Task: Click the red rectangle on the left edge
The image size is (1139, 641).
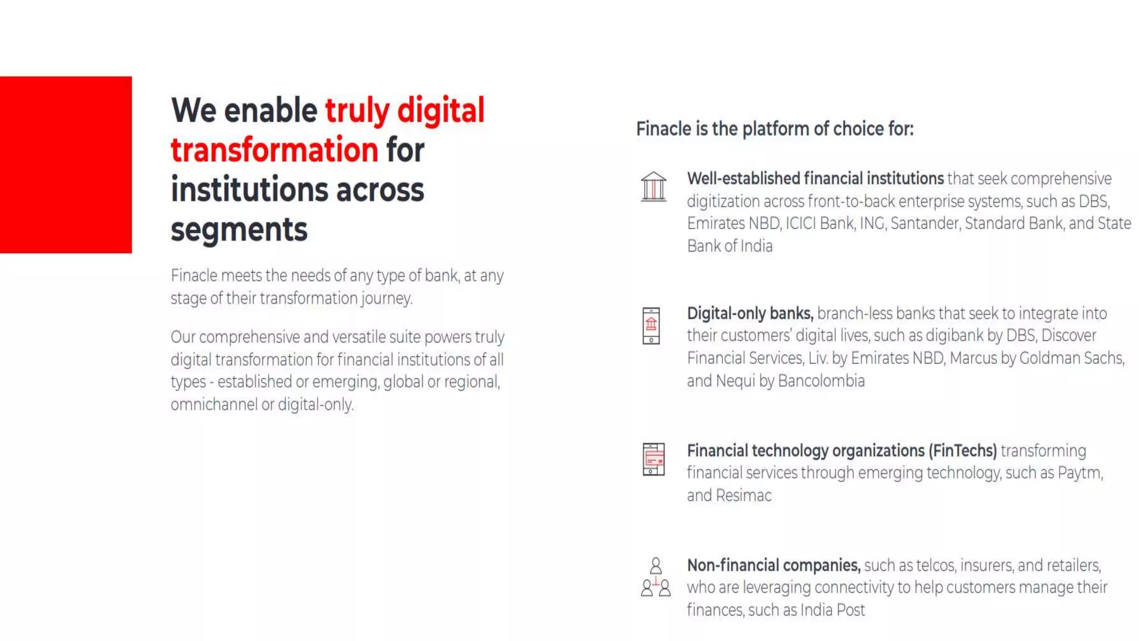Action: tap(66, 165)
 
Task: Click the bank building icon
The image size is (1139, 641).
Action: tap(653, 186)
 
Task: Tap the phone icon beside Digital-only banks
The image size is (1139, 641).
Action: tap(651, 326)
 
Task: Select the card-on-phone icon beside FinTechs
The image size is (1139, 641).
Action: tap(653, 459)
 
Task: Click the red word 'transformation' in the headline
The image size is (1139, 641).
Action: tap(274, 150)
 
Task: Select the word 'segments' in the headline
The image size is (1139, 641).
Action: tap(239, 229)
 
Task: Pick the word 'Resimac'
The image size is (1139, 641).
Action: tap(744, 495)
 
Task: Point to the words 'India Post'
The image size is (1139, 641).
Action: tap(833, 610)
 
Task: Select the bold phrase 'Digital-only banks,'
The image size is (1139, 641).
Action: tap(750, 313)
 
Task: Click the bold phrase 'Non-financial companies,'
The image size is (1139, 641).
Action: tap(774, 565)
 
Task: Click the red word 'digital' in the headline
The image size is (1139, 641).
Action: tap(440, 110)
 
